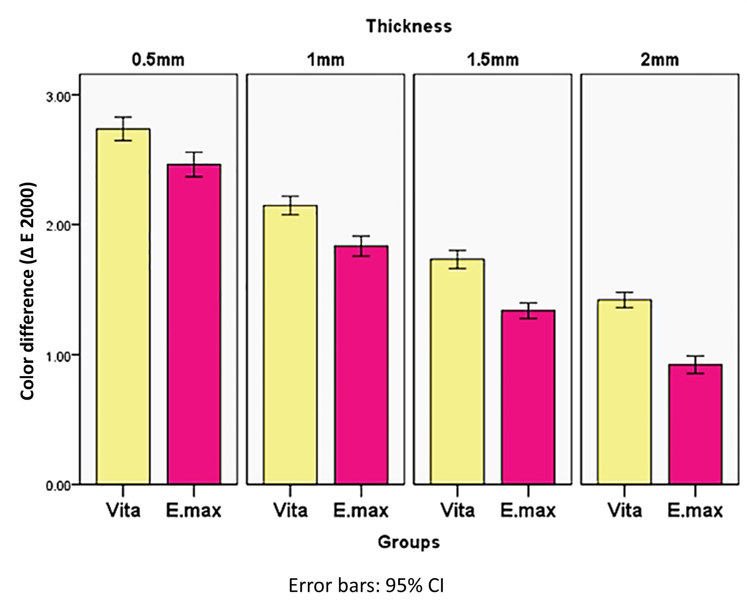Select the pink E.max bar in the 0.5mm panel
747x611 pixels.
[194, 324]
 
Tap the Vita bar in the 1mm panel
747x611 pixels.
[290, 345]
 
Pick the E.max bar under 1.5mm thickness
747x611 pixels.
[528, 397]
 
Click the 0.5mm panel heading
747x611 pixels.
[158, 60]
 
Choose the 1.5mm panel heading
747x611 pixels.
[493, 60]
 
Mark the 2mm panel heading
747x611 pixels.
[659, 60]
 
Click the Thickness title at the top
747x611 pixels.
[409, 26]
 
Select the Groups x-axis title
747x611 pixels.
[409, 542]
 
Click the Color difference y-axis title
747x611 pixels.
[27, 291]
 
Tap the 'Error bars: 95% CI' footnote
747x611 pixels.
[366, 586]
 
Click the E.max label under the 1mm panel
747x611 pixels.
[361, 510]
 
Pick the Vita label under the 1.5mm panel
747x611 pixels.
[457, 510]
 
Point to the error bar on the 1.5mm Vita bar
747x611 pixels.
[457, 259]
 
